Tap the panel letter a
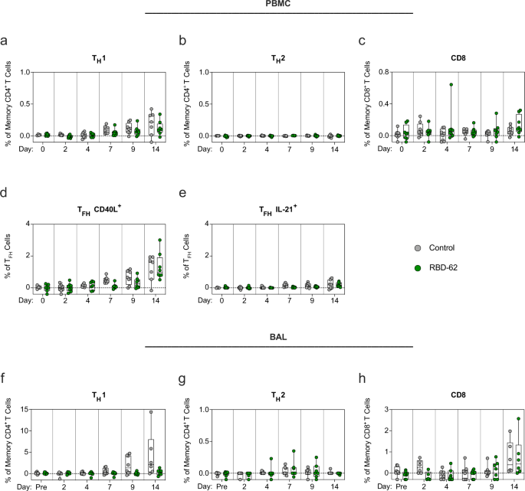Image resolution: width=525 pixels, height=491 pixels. tap(5, 41)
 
